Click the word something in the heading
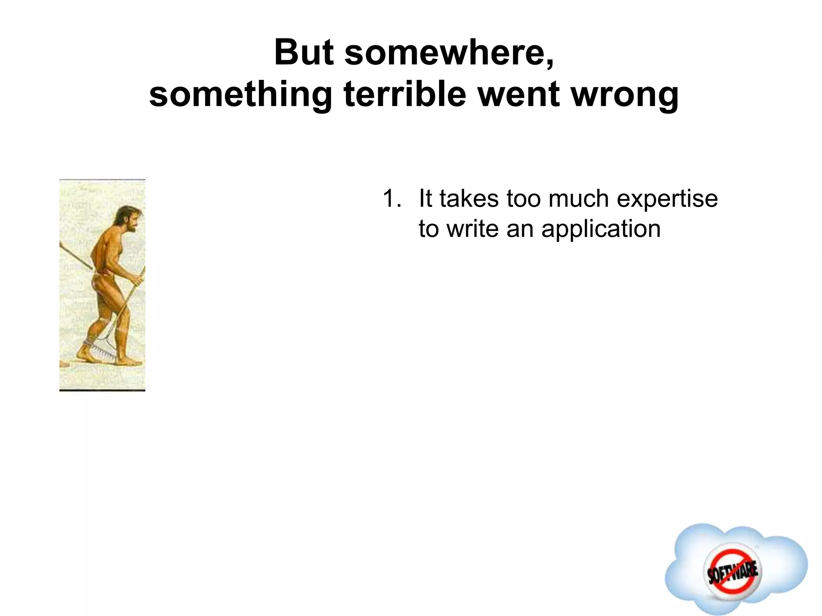pos(240,95)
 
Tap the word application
pos(600,229)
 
